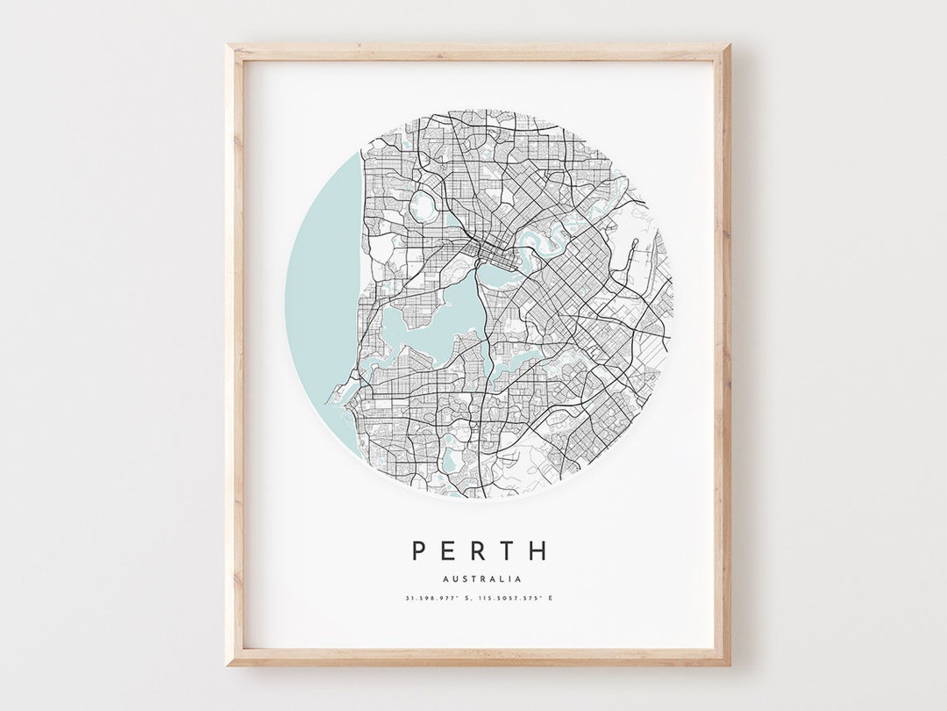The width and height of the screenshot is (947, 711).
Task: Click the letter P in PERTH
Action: (x=420, y=551)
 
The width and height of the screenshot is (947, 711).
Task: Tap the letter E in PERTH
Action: (x=450, y=551)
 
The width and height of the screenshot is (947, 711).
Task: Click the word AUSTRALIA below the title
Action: (x=482, y=579)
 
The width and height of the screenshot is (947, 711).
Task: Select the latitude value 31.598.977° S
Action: (x=438, y=599)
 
